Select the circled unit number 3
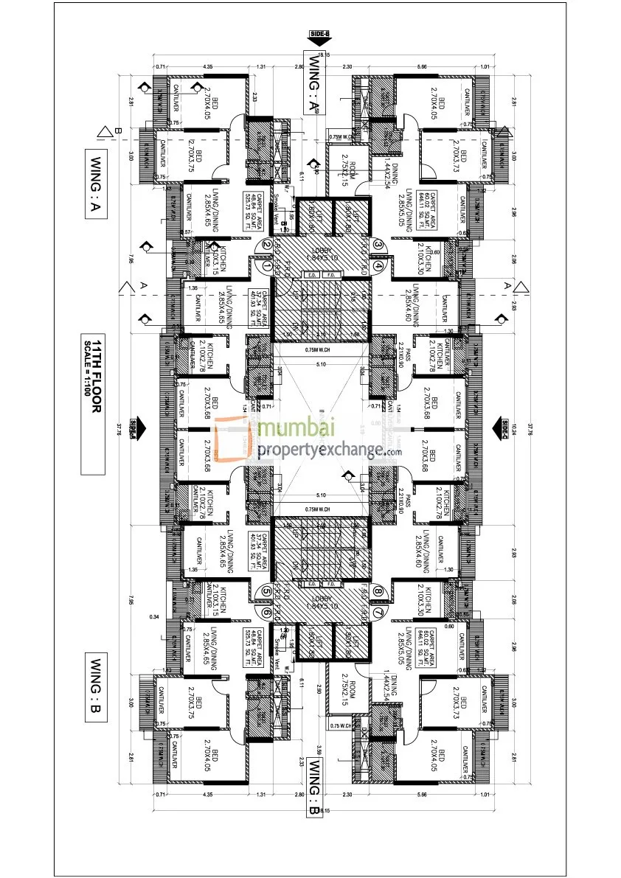pyautogui.click(x=378, y=245)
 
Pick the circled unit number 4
pyautogui.click(x=378, y=265)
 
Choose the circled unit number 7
pyautogui.click(x=378, y=611)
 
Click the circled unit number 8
pyautogui.click(x=378, y=590)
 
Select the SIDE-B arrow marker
pyautogui.click(x=318, y=35)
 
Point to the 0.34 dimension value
pyautogui.click(x=153, y=615)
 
